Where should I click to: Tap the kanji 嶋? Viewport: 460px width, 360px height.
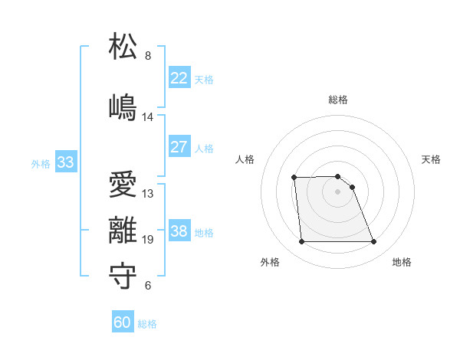(123, 106)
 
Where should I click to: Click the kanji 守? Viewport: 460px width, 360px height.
(123, 275)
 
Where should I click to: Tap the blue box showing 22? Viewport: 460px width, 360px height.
(179, 78)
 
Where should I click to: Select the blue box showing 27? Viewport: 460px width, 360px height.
(179, 147)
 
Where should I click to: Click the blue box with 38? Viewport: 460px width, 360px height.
(179, 231)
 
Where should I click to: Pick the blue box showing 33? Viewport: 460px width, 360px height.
(65, 162)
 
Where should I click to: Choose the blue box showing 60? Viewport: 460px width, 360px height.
(123, 323)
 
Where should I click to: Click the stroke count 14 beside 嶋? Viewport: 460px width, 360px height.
(147, 117)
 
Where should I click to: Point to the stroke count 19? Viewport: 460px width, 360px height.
(147, 240)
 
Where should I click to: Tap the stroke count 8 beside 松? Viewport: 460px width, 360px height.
(147, 56)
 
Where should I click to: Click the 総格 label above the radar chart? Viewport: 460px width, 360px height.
(338, 100)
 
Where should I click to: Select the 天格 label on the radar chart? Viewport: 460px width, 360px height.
(432, 159)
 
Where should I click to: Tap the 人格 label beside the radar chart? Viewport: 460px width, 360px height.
(245, 159)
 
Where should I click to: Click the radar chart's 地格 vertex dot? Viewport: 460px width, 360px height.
(374, 242)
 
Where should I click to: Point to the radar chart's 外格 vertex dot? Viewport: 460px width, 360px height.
(301, 242)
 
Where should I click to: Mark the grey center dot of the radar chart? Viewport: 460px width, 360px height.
(338, 191)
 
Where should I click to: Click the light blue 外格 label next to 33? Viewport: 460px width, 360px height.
(41, 163)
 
